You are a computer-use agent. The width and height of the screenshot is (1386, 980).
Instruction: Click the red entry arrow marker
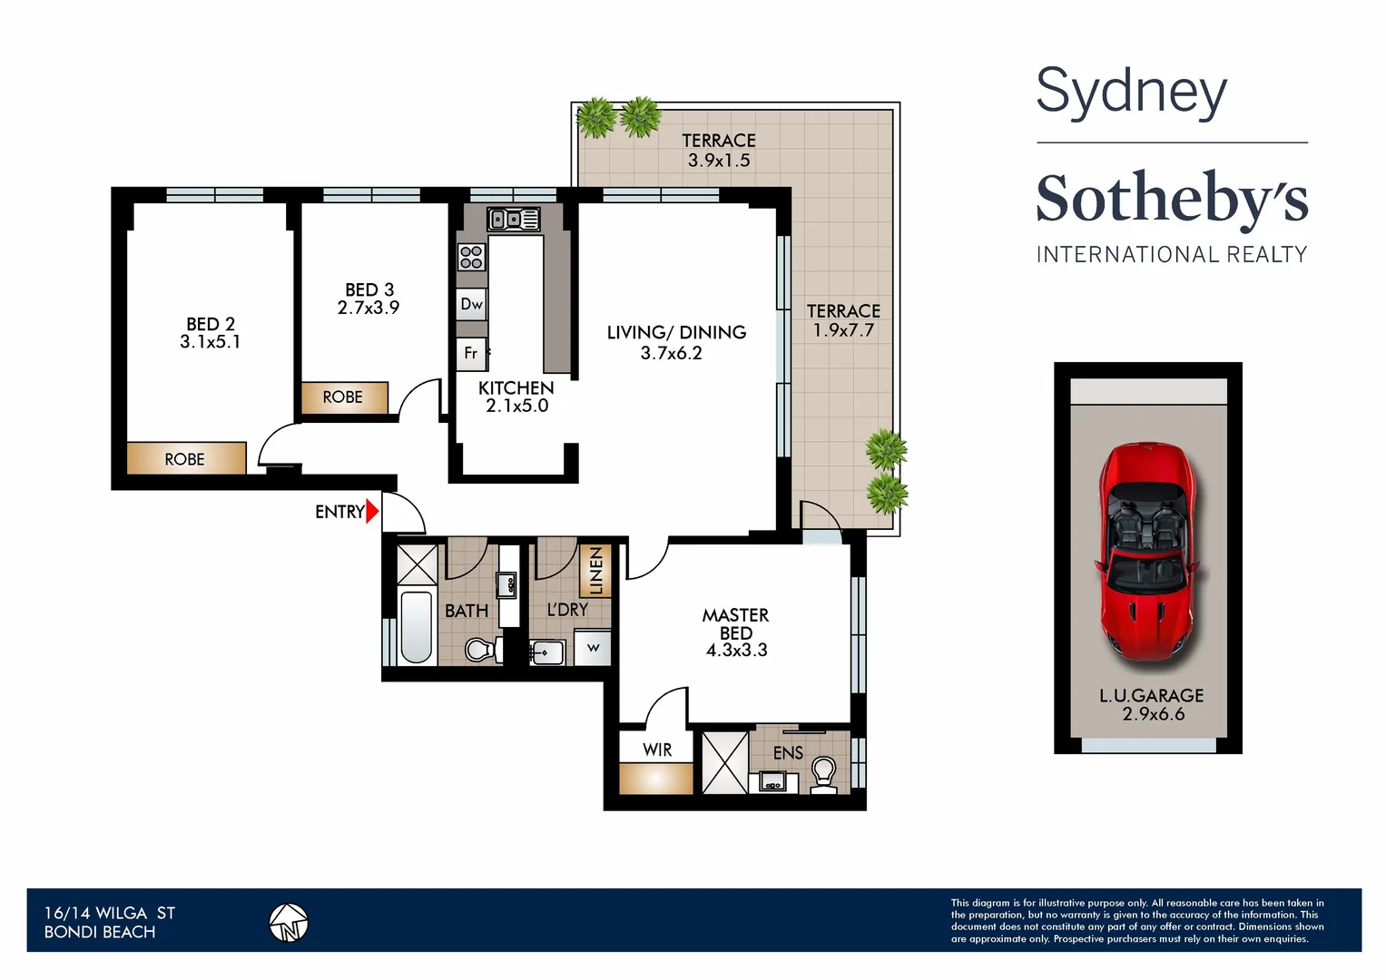(x=371, y=512)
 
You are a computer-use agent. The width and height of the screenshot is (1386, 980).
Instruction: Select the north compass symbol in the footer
(x=289, y=924)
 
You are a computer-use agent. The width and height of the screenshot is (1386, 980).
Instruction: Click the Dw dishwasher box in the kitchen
(x=472, y=304)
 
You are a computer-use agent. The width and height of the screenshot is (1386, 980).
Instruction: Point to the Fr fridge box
(x=471, y=353)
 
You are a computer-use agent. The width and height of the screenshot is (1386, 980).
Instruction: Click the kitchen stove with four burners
(x=471, y=257)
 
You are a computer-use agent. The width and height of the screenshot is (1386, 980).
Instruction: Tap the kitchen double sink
(x=514, y=219)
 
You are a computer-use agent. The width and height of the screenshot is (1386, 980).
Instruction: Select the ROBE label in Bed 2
(x=185, y=459)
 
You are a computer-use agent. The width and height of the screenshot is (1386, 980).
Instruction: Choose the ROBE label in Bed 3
(x=342, y=397)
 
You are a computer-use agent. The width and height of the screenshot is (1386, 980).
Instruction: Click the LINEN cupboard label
(x=595, y=570)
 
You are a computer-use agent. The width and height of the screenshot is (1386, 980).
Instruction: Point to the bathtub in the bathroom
(x=418, y=627)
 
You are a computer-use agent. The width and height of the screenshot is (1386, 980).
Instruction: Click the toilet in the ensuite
(x=823, y=774)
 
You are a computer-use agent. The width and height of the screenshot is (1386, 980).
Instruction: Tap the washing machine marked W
(x=593, y=648)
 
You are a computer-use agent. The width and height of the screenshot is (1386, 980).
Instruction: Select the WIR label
(x=657, y=750)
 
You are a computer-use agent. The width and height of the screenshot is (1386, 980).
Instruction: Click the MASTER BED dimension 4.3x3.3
(x=736, y=651)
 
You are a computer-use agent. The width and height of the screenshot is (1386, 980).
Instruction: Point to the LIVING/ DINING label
(x=676, y=333)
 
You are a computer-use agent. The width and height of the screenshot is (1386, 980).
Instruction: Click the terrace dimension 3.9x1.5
(x=719, y=161)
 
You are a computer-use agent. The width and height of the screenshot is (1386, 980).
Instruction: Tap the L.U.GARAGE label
(x=1151, y=696)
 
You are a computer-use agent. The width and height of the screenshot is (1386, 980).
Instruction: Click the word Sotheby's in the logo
(x=1172, y=198)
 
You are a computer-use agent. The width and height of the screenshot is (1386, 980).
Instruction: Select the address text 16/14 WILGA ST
(x=110, y=913)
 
